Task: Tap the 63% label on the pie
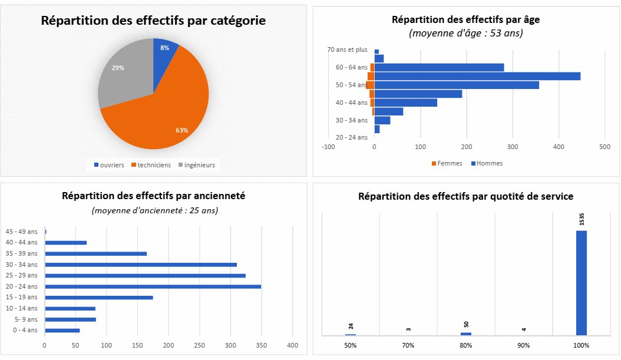click(x=182, y=130)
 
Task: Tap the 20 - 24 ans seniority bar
click(x=153, y=286)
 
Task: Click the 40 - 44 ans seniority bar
click(x=65, y=243)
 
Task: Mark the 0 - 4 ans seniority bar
click(x=62, y=331)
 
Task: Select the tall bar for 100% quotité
click(x=581, y=283)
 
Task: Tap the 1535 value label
click(x=582, y=219)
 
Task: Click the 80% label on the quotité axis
click(x=466, y=345)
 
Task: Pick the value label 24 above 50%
click(x=351, y=326)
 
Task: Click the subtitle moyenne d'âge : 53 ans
click(x=465, y=34)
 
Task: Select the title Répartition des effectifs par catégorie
click(x=153, y=21)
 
